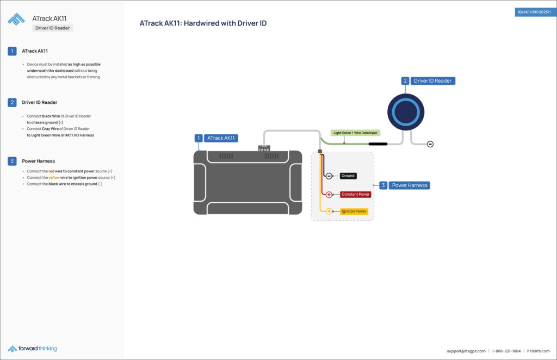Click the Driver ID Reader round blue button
pos(404,113)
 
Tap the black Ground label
pos(348,176)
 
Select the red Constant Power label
pos(356,194)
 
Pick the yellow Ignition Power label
pos(354,211)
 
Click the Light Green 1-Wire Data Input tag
pos(355,133)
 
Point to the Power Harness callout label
pos(410,185)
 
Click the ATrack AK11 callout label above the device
pos(222,138)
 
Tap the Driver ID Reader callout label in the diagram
pos(432,81)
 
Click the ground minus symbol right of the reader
pos(430,144)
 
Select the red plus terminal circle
pos(329,194)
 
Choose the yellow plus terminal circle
pos(329,211)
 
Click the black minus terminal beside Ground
pos(329,176)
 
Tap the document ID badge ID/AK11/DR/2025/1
pos(535,12)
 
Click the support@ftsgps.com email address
pos(466,351)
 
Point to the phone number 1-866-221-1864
pos(506,351)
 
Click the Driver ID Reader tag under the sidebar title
pos(52,28)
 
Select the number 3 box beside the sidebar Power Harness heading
pos(12,161)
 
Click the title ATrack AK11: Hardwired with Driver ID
pos(203,23)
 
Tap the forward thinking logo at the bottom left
pos(33,349)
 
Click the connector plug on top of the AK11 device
pos(264,148)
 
